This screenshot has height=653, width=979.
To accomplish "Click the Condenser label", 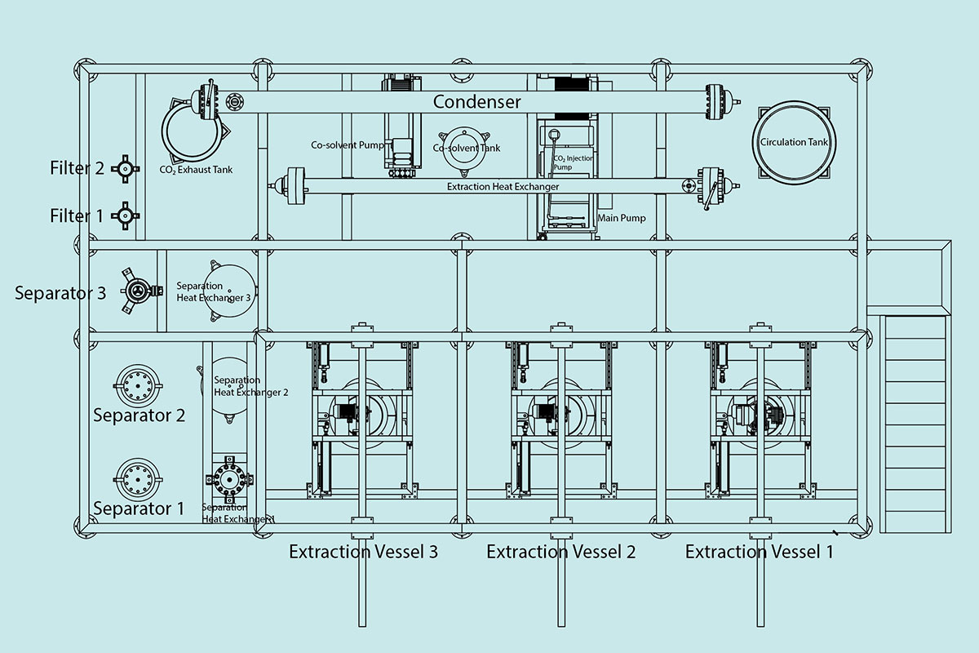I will (x=476, y=102).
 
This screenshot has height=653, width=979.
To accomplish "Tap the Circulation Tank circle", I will (x=794, y=142).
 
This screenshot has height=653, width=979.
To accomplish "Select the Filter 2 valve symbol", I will (x=125, y=168).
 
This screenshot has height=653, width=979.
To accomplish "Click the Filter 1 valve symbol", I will (x=125, y=215).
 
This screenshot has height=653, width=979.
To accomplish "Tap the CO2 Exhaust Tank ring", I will (x=193, y=133).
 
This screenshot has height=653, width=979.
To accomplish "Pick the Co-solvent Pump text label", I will (x=346, y=145).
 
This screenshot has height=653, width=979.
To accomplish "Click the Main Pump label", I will (x=622, y=218).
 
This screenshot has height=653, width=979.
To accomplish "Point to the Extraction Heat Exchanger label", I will (x=503, y=187).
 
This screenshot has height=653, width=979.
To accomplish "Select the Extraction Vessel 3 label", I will (x=363, y=552).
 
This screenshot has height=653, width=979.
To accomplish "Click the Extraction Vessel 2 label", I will (x=560, y=552).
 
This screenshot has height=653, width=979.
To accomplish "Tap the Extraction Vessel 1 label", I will (x=759, y=552).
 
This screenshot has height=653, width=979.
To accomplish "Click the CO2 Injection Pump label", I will (x=574, y=162).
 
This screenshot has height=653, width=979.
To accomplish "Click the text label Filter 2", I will (x=77, y=168).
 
